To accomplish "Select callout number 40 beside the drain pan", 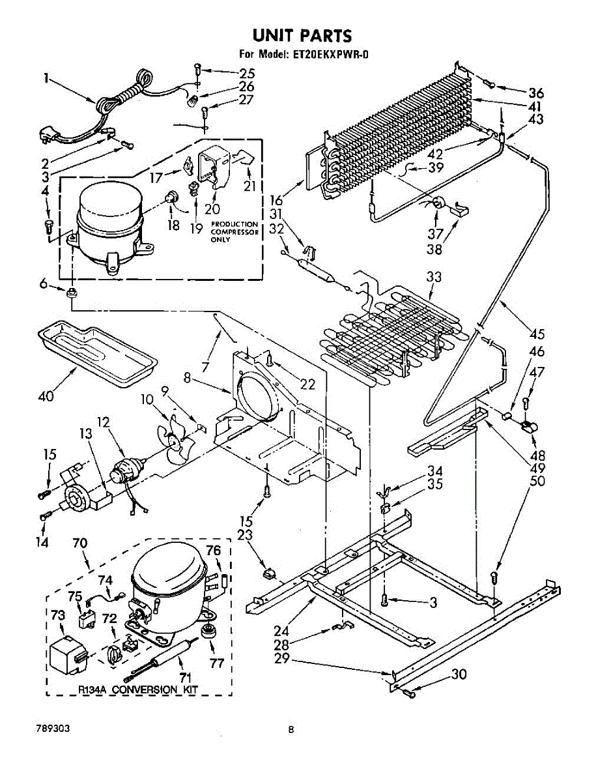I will pyautogui.click(x=46, y=396).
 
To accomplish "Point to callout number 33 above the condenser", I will pyautogui.click(x=434, y=278).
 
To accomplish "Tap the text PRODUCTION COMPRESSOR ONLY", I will pyautogui.click(x=234, y=232).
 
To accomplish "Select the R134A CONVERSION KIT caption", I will pyautogui.click(x=138, y=689).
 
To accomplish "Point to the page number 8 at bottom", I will pyautogui.click(x=292, y=730).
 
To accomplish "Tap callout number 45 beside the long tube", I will pyautogui.click(x=537, y=335).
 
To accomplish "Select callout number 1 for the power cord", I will pyautogui.click(x=46, y=78).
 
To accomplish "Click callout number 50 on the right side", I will pyautogui.click(x=537, y=482).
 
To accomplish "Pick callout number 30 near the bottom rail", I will pyautogui.click(x=459, y=675).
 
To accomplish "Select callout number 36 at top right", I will pyautogui.click(x=535, y=93).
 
